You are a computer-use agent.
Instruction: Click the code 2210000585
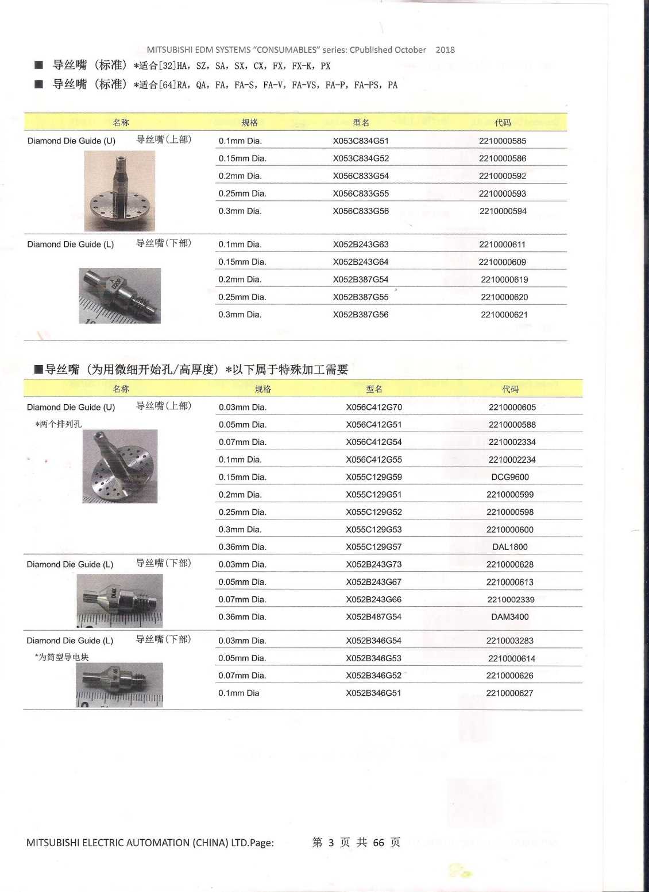[502, 141]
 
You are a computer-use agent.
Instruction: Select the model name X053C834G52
[361, 158]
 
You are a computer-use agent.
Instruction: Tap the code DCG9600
[510, 477]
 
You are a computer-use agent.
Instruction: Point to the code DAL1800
[510, 547]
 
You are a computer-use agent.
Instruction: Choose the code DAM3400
[510, 617]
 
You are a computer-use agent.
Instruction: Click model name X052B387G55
[361, 297]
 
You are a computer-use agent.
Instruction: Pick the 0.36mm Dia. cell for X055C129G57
[242, 547]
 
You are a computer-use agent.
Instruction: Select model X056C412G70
[374, 408]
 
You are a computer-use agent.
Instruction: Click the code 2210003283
[510, 641]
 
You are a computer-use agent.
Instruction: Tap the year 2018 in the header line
[445, 50]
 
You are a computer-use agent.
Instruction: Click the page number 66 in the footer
[378, 843]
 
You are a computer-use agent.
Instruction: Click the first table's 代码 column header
[503, 123]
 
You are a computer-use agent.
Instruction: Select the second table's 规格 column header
[263, 389]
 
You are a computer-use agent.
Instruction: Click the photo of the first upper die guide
[119, 191]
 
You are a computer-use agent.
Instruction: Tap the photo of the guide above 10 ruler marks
[119, 296]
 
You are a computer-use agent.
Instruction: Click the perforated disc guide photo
[119, 467]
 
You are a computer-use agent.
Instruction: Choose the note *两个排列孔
[58, 424]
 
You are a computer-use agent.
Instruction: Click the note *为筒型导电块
[61, 657]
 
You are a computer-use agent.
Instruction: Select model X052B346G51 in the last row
[374, 693]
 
